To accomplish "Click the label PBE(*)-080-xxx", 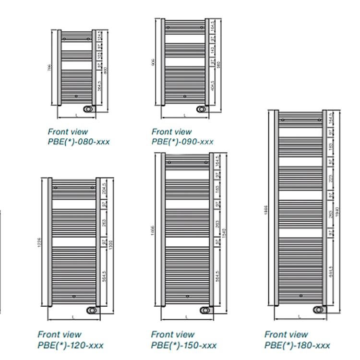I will tap(79, 141).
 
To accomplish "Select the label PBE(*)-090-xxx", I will tap(182, 141).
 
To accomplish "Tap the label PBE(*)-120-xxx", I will tap(70, 345).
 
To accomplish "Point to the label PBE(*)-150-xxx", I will tap(184, 345).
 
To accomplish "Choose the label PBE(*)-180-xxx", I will tap(297, 345).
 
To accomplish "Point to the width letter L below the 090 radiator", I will tap(185, 115).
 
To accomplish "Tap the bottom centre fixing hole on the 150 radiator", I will tap(186, 296).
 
